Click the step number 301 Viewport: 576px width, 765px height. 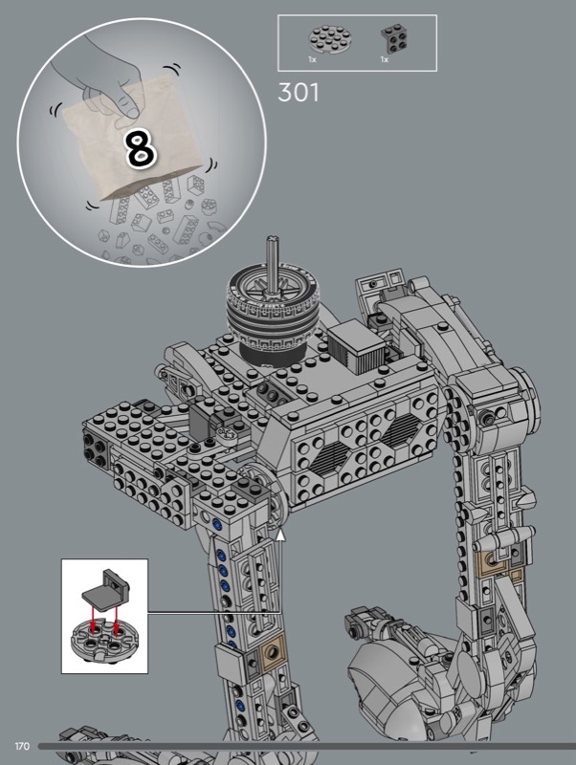[299, 92]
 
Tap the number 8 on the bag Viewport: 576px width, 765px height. [141, 148]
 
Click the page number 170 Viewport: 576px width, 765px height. [22, 746]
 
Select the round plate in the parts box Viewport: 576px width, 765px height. [329, 39]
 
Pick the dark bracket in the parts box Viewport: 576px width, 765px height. [394, 39]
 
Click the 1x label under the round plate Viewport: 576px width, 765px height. [313, 59]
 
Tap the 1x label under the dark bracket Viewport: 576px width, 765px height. [385, 59]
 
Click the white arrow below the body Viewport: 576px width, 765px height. [280, 535]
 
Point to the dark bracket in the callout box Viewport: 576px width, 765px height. [105, 590]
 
